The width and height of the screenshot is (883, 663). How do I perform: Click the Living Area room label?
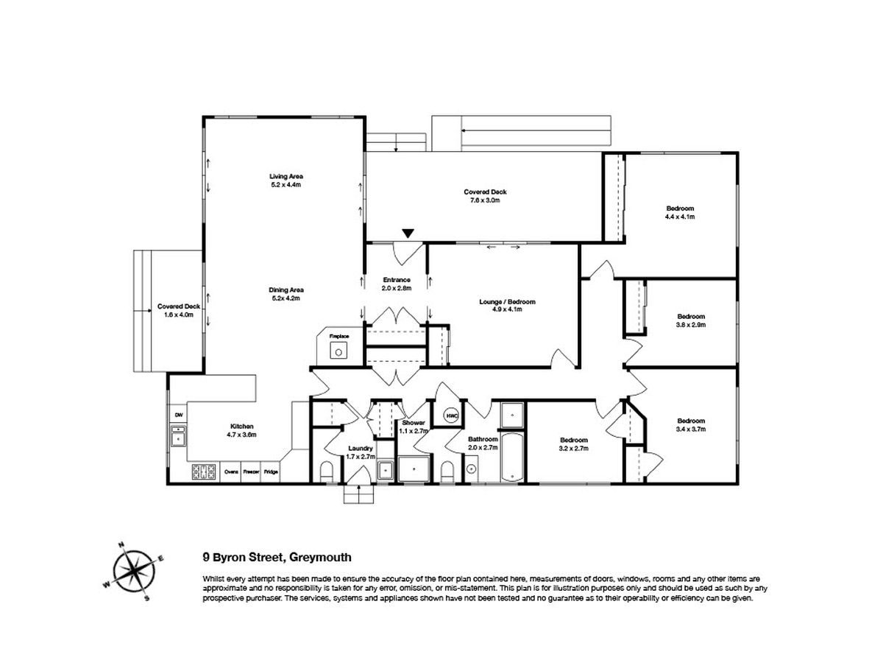(286, 180)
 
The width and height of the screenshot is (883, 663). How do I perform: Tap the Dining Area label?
(286, 294)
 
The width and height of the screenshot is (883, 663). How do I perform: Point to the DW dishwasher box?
(178, 415)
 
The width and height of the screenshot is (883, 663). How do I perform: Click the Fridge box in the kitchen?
(271, 471)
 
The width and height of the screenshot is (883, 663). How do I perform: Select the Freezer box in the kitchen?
(251, 471)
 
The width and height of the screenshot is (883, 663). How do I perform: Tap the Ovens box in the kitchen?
(231, 471)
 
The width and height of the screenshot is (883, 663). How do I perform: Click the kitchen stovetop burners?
(204, 471)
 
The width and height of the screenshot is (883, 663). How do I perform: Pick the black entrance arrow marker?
(408, 234)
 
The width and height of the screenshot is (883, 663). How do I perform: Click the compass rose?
(133, 571)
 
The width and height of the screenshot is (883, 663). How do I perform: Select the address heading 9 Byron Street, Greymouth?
(277, 557)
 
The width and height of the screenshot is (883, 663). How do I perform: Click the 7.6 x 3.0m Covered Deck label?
(485, 196)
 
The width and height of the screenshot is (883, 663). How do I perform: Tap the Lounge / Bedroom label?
(507, 305)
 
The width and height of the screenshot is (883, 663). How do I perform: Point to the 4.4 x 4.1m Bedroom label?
(680, 212)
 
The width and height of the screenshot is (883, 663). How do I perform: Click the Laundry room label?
(361, 452)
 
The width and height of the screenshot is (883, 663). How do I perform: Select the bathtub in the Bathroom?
(512, 457)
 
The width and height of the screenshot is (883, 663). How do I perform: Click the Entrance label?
(396, 284)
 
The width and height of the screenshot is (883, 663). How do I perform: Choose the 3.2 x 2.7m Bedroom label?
(574, 444)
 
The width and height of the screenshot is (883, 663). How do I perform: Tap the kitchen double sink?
(178, 436)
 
